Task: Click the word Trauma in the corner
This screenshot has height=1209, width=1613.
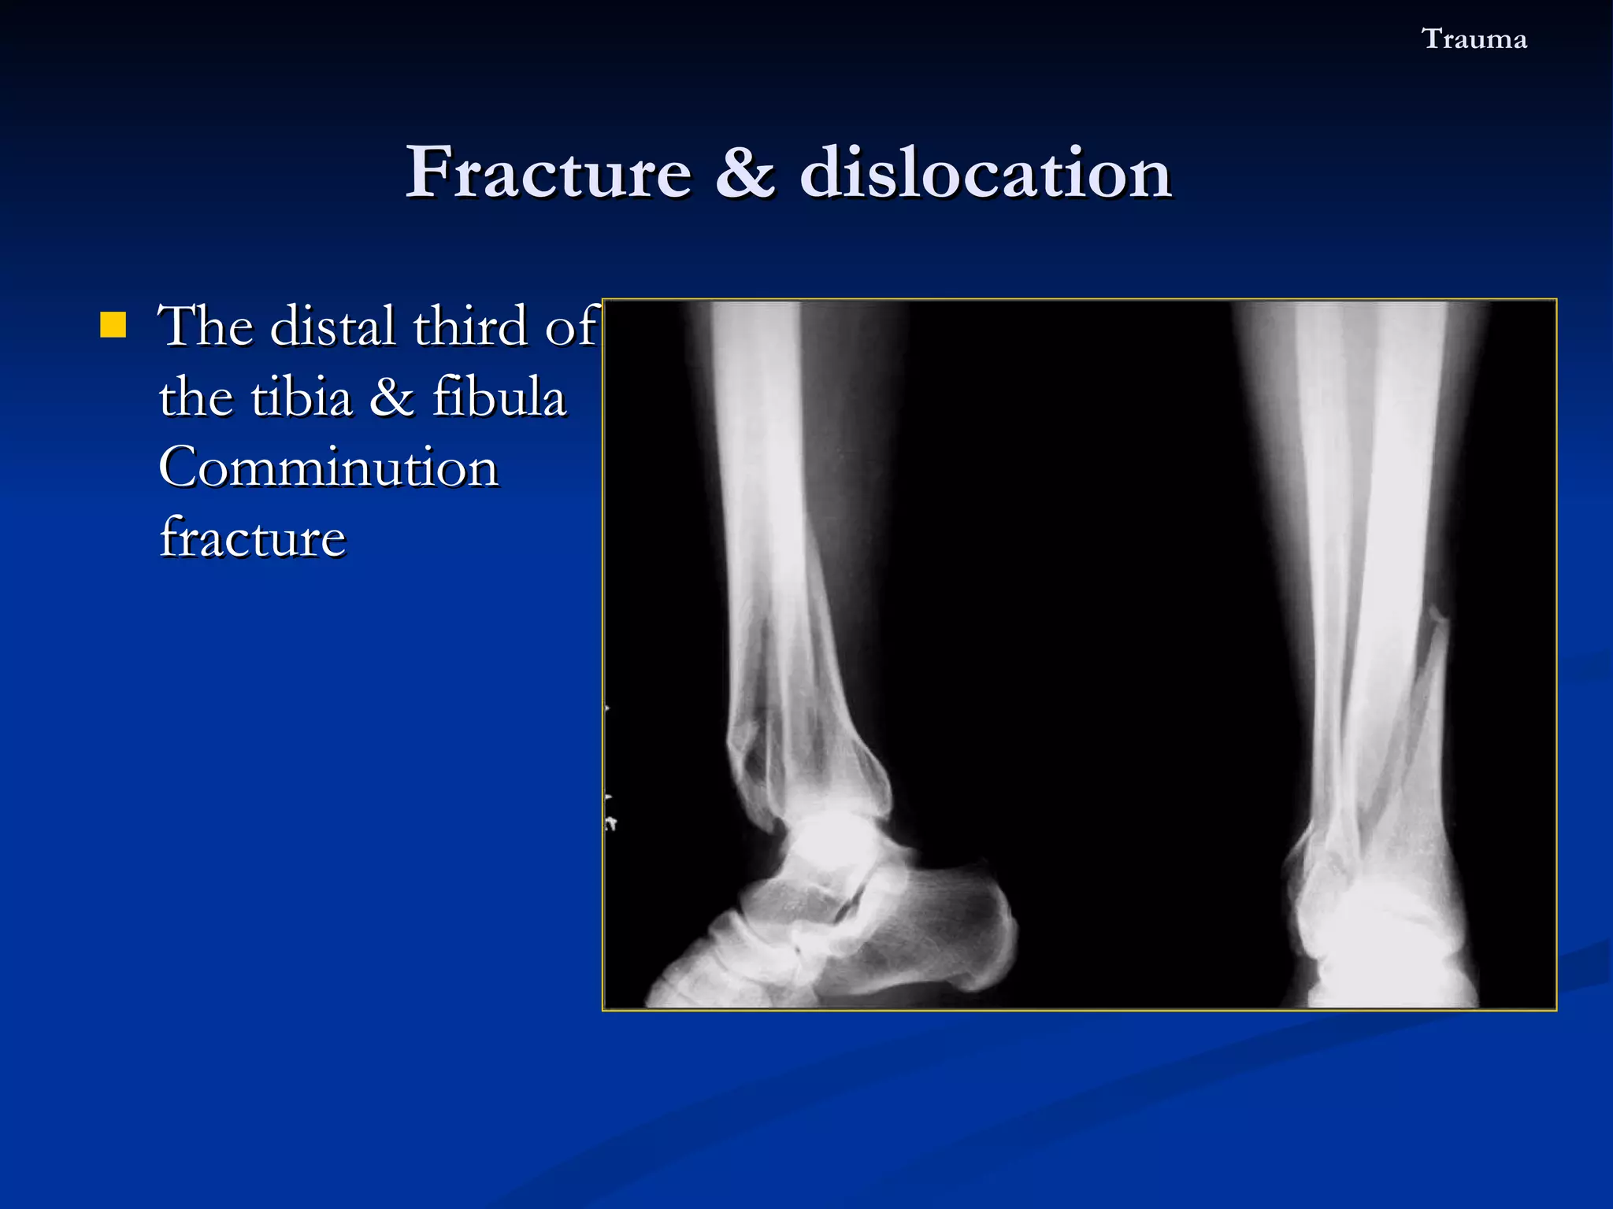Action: point(1474,39)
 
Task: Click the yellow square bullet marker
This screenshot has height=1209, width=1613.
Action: point(113,324)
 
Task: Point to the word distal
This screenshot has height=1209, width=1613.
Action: point(332,326)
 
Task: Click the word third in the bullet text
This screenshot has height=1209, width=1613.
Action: point(469,326)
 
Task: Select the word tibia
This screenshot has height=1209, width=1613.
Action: point(302,397)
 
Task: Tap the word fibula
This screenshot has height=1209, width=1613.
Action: point(499,397)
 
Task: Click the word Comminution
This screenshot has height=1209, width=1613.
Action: point(328,468)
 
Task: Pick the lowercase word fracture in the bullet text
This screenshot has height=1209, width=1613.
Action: point(252,538)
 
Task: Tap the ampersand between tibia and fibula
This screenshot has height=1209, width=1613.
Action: point(391,397)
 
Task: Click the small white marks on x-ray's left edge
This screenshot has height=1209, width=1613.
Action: point(610,823)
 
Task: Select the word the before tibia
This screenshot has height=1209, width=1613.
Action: point(195,397)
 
